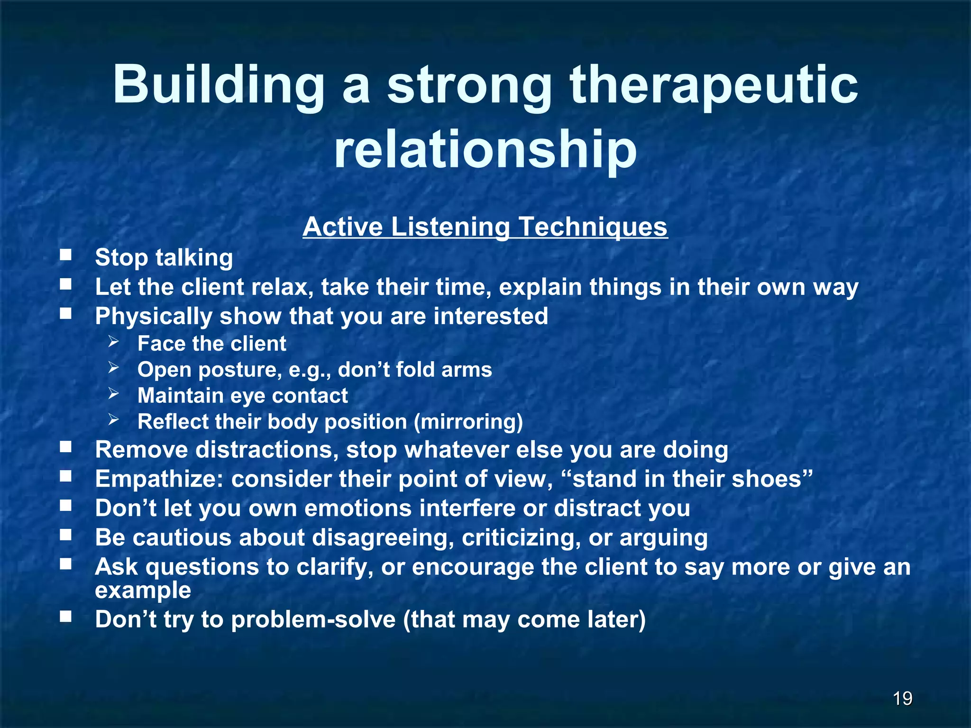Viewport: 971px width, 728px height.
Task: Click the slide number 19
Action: pos(902,698)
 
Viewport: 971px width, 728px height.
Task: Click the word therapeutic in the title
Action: pos(714,85)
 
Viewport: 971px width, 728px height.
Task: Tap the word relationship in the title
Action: pos(485,150)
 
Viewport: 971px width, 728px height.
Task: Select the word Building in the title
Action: pos(218,85)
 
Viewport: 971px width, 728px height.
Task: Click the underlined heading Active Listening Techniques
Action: pos(485,227)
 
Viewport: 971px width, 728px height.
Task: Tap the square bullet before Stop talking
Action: pos(65,256)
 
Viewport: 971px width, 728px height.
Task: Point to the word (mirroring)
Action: pos(468,422)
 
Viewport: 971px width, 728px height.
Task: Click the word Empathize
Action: pos(159,479)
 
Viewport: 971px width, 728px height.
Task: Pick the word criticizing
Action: pos(521,537)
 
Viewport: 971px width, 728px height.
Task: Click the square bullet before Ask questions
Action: pos(65,564)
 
